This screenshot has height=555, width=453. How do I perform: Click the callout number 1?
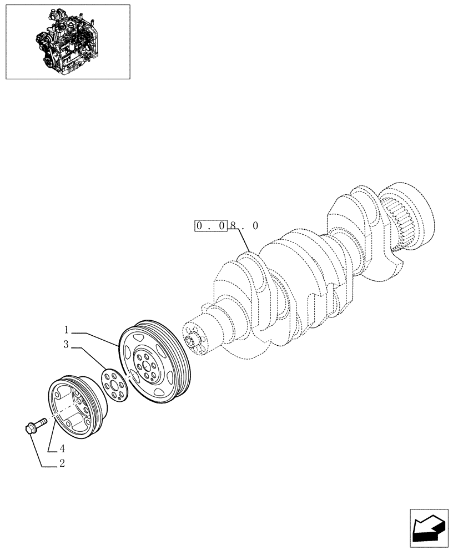[66, 329]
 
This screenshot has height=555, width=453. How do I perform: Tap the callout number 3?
[66, 345]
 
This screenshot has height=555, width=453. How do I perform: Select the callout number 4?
[62, 448]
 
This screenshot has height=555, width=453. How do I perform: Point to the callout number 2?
[62, 464]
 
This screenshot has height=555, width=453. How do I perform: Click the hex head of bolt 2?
[32, 428]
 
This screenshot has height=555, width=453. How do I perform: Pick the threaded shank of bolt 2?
[41, 423]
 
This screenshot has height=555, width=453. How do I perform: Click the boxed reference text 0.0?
[210, 226]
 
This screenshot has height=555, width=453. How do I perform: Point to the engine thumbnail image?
[67, 42]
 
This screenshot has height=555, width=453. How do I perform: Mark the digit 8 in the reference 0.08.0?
[233, 226]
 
